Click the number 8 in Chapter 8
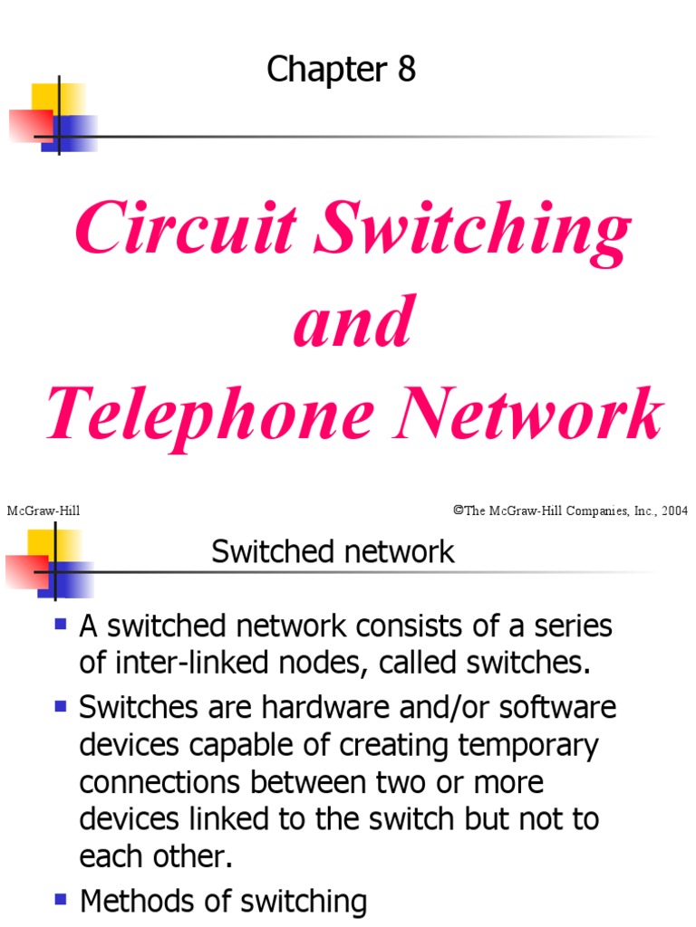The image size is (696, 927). (x=405, y=70)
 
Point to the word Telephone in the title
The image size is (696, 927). (x=210, y=415)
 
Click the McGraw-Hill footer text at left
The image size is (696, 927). (x=43, y=511)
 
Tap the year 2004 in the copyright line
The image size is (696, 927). (x=674, y=511)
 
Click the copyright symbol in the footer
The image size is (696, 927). (x=458, y=511)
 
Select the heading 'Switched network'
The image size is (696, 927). (x=333, y=551)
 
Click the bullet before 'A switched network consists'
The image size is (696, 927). (x=62, y=623)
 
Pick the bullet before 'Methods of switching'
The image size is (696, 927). (x=62, y=899)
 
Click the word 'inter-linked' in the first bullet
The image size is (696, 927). (x=176, y=664)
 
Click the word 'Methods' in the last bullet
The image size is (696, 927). (x=136, y=902)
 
